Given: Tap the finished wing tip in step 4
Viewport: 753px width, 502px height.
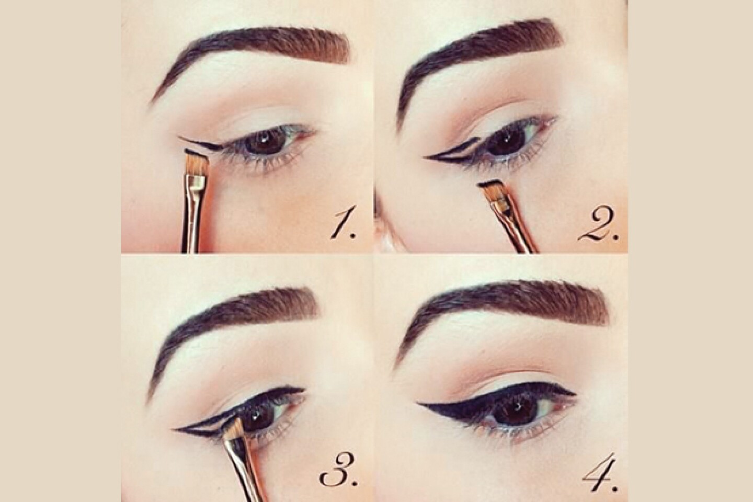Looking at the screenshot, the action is coord(417,403).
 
